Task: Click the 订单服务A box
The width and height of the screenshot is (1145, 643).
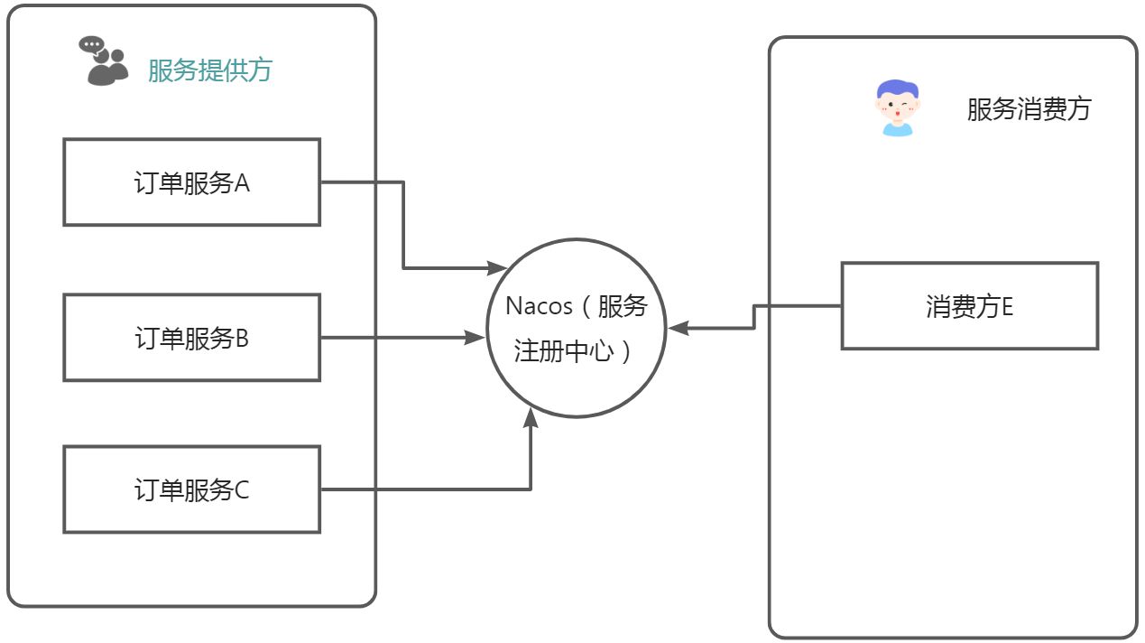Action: tap(191, 182)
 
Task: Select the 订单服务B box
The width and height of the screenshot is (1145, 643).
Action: tap(191, 338)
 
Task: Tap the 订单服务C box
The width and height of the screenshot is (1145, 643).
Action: tap(191, 489)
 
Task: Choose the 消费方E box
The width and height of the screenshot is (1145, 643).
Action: tap(969, 306)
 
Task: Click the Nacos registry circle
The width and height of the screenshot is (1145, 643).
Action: tap(577, 328)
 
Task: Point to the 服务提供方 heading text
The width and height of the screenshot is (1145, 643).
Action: tap(209, 70)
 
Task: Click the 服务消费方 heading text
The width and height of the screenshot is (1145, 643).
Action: tap(1029, 109)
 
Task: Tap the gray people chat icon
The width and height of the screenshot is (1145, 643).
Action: tap(105, 61)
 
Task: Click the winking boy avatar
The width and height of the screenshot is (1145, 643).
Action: tap(899, 108)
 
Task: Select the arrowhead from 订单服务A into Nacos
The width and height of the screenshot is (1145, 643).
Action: tap(497, 267)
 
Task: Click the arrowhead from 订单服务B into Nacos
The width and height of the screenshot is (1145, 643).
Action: tap(476, 338)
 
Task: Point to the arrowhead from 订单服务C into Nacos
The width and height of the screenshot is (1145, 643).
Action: tap(531, 419)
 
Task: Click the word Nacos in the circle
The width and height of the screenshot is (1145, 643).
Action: tap(539, 305)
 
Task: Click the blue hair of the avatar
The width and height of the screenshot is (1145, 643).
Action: tap(899, 90)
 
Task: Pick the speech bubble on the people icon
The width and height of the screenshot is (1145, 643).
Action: tap(91, 44)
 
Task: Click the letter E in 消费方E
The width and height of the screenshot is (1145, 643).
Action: tap(1007, 307)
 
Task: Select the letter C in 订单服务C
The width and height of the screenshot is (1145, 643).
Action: tap(242, 490)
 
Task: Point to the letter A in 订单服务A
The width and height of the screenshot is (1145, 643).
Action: tap(242, 182)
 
